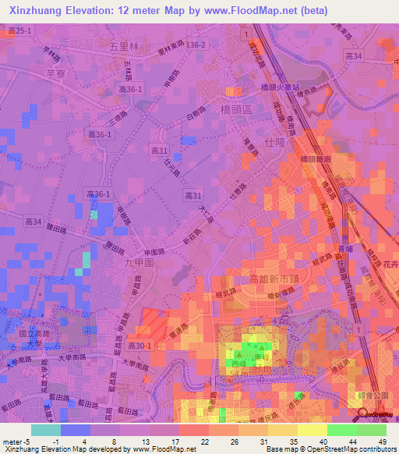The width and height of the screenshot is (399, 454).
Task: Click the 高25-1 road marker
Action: click(19, 30)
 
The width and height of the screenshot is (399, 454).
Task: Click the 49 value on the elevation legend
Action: click(383, 443)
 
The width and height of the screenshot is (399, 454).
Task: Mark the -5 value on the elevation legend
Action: click(30, 443)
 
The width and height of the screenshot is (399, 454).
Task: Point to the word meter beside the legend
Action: click(12, 443)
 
